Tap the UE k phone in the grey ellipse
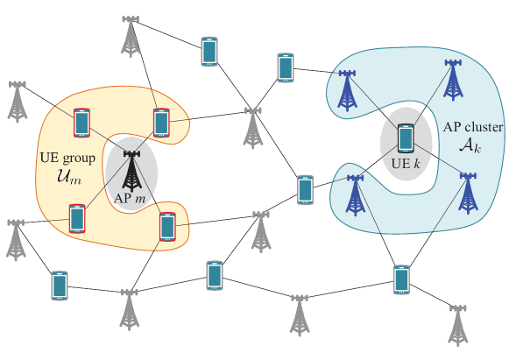tap(405, 138)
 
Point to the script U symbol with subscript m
tap(59, 178)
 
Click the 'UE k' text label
tap(405, 163)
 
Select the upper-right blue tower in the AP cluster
tap(453, 80)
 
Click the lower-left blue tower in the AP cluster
tap(355, 194)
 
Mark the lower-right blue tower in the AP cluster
tap(469, 192)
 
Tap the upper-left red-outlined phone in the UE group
tap(81, 122)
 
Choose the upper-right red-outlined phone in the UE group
tap(160, 124)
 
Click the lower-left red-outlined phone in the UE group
tap(76, 218)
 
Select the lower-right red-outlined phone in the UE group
tap(167, 227)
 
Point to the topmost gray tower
tap(131, 34)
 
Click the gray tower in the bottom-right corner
tap(456, 324)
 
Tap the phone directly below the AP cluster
tap(401, 279)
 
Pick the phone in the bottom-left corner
tap(59, 286)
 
